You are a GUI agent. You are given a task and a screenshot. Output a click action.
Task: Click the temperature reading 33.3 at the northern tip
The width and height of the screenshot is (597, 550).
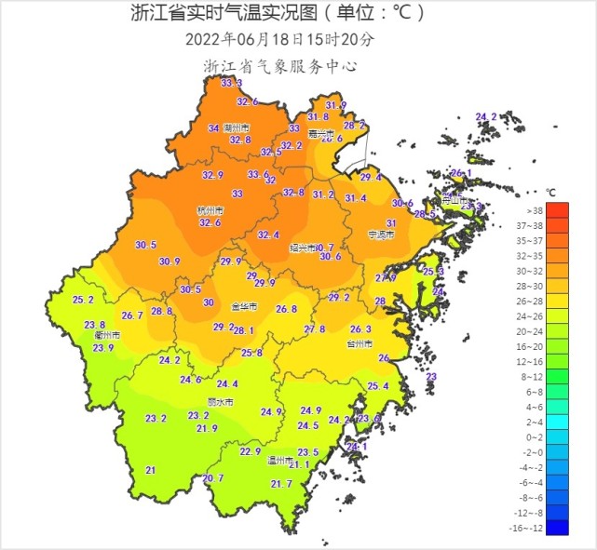click(x=231, y=83)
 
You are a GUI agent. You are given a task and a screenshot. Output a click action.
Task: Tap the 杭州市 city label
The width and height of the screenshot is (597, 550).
click(x=210, y=211)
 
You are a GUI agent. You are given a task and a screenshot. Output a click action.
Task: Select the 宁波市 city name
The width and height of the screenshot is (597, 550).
click(x=381, y=235)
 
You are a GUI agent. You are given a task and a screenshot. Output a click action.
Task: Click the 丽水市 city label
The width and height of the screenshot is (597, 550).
click(x=221, y=402)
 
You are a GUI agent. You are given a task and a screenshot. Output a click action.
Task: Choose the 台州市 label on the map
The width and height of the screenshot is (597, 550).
click(x=359, y=343)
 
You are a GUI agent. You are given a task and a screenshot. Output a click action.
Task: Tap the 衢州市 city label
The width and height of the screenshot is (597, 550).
click(x=95, y=336)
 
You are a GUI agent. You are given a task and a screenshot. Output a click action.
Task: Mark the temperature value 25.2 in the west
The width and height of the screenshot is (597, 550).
click(x=83, y=300)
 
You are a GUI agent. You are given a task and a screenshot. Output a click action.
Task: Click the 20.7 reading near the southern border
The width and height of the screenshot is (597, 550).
click(x=213, y=478)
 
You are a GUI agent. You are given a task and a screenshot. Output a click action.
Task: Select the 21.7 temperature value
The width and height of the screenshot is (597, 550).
click(x=281, y=484)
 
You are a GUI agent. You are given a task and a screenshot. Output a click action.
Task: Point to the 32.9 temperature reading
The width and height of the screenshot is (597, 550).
click(x=213, y=175)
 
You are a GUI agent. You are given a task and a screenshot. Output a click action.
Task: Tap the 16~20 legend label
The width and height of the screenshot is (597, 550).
click(x=558, y=346)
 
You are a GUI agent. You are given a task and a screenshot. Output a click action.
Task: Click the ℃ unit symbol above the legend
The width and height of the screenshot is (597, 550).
click(x=550, y=192)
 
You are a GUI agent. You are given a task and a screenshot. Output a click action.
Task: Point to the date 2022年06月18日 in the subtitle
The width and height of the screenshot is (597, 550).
click(x=244, y=39)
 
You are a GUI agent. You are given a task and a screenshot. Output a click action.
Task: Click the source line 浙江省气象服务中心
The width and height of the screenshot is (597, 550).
click(x=280, y=66)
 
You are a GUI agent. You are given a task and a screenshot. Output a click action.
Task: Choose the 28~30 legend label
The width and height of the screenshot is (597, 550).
click(x=558, y=286)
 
